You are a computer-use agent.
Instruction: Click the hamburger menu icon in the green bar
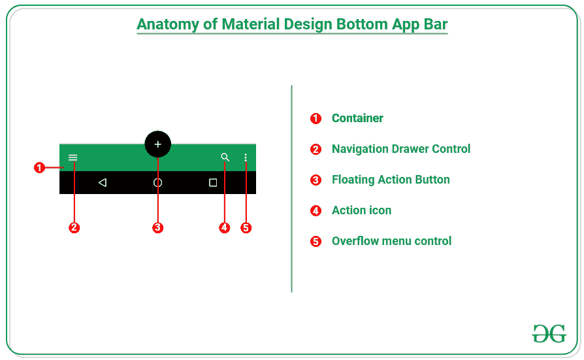point(73,157)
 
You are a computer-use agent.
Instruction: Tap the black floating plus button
point(157,144)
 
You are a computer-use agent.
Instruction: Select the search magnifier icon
point(225,157)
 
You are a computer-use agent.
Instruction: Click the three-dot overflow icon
point(246,157)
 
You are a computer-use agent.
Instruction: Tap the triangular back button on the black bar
point(103,183)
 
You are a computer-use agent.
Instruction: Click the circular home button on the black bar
point(157,183)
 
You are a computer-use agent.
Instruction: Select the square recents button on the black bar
point(213,183)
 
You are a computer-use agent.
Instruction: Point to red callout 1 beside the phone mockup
point(39,168)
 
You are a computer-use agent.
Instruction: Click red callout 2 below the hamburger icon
point(74,228)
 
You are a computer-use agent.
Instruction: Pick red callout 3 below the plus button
point(157,228)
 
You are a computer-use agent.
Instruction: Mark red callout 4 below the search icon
point(225,228)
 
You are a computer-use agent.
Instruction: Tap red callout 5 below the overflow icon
point(246,228)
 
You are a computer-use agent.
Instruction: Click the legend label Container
point(357,118)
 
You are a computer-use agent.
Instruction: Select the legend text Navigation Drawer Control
point(401,149)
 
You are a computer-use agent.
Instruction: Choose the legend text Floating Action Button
point(391,180)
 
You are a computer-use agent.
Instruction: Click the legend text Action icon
point(361,210)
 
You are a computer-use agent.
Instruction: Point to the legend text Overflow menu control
point(391,241)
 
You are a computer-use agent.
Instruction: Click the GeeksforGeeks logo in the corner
point(549,333)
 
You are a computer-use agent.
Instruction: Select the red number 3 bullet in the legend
point(316,180)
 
